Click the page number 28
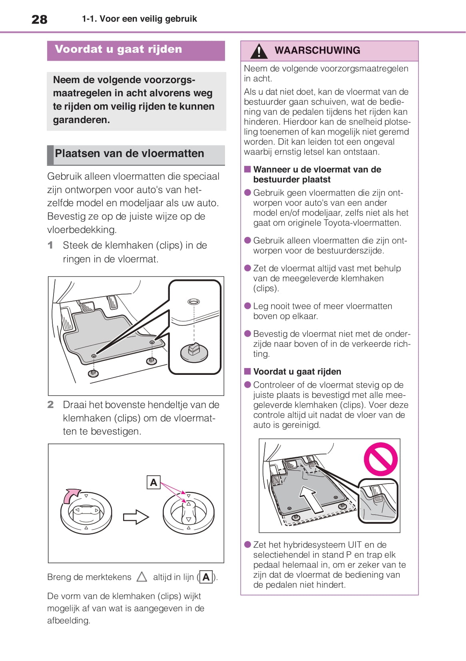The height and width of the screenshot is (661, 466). click(39, 19)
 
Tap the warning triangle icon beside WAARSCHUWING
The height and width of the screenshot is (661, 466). click(259, 51)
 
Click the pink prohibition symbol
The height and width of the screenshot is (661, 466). click(380, 459)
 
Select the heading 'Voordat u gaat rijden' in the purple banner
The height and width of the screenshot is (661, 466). click(118, 50)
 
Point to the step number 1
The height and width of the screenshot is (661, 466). click(50, 245)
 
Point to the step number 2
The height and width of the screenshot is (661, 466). click(50, 404)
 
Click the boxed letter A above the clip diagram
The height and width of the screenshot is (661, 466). click(153, 482)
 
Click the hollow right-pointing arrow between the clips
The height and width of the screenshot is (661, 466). click(136, 517)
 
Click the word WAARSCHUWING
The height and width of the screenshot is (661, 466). click(317, 50)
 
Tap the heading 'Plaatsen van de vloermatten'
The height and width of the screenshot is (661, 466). click(129, 153)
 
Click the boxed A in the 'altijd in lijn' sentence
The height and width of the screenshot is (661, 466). click(206, 577)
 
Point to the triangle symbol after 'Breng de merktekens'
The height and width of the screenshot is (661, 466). click(142, 577)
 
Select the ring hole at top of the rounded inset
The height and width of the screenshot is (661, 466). click(193, 301)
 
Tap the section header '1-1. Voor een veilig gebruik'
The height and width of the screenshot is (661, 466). click(139, 19)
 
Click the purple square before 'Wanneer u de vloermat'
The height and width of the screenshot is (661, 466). click(247, 169)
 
